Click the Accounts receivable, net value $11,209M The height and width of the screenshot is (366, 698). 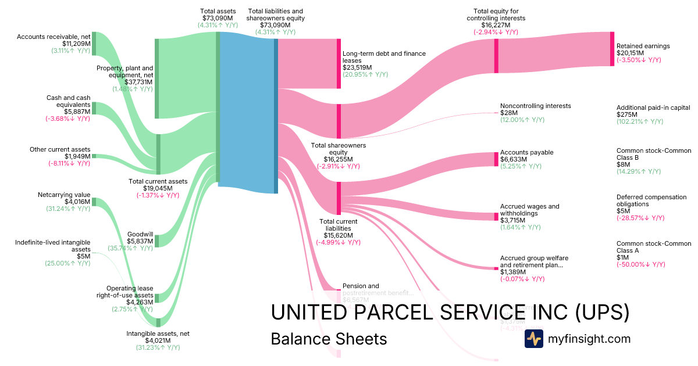[x=76, y=44]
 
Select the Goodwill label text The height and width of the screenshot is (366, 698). [x=140, y=234]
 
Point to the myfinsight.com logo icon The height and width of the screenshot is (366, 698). [x=533, y=338]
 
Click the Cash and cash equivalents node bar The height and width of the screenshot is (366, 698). [x=94, y=108]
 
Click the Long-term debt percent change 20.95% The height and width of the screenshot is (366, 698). [x=365, y=74]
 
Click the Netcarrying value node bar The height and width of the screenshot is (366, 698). [x=94, y=202]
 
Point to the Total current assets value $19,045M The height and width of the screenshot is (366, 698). [x=158, y=188]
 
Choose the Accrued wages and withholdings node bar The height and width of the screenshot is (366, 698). [x=496, y=217]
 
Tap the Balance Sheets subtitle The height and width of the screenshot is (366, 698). [x=329, y=339]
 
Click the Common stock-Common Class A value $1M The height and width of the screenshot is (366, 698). [x=622, y=257]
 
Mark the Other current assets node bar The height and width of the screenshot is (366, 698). [x=94, y=156]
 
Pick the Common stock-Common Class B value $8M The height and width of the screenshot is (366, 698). [x=622, y=164]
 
